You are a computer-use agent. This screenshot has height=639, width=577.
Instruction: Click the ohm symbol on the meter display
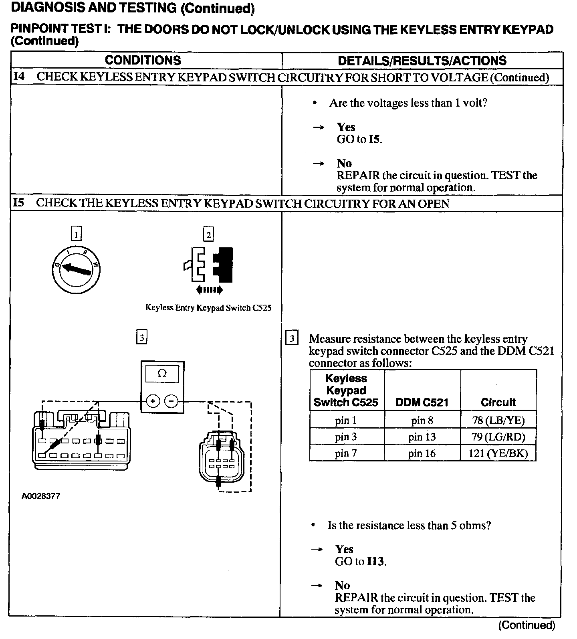click(x=162, y=374)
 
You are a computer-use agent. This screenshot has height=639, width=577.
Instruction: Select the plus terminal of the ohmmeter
click(x=153, y=401)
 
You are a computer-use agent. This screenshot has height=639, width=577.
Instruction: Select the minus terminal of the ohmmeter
click(x=171, y=401)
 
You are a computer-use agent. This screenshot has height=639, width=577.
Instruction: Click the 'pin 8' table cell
click(x=422, y=421)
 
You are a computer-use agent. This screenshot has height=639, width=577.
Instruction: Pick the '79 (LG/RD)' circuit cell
click(x=498, y=437)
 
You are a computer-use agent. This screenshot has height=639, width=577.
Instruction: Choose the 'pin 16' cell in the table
click(x=422, y=453)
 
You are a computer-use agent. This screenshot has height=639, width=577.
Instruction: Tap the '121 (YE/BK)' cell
click(x=498, y=453)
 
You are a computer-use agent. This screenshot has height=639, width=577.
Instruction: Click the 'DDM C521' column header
click(x=422, y=402)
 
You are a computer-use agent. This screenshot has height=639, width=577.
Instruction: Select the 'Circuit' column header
click(x=498, y=402)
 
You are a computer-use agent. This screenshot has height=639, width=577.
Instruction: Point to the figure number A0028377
click(x=41, y=496)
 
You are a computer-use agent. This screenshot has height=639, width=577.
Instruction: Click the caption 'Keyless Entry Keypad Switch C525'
click(x=208, y=308)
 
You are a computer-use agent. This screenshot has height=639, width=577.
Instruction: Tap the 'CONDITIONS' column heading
click(x=143, y=61)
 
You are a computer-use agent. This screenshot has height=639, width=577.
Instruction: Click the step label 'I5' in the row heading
click(x=18, y=203)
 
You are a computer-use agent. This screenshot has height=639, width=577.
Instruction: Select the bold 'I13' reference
click(x=376, y=562)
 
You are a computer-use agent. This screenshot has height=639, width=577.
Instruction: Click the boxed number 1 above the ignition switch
click(x=76, y=234)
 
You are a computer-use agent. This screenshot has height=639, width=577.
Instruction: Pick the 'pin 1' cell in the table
click(x=346, y=421)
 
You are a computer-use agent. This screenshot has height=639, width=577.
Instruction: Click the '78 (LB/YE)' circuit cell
click(x=498, y=421)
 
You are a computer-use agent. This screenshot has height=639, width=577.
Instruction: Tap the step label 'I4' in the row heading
click(x=19, y=77)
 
